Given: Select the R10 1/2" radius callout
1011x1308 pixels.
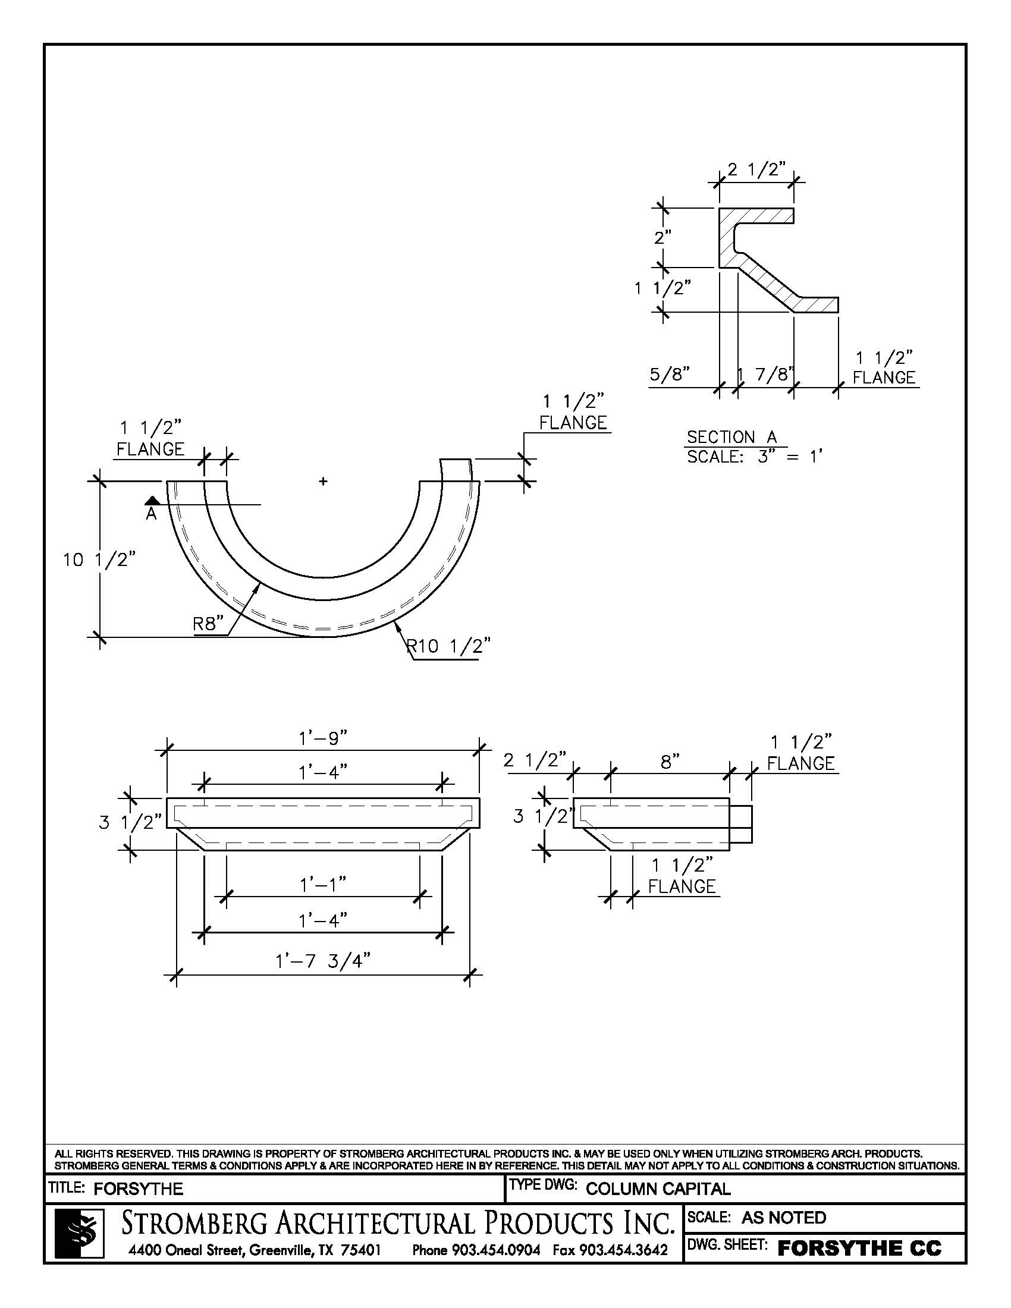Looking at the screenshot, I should click(448, 646).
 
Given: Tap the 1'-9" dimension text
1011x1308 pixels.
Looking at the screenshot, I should click(323, 738).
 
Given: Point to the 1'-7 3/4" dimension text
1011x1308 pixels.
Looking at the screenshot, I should click(323, 961).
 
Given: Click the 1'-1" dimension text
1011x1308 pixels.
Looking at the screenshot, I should click(323, 884).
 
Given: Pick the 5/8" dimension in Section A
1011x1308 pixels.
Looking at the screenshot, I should click(670, 375).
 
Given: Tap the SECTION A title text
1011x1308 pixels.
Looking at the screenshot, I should click(731, 437).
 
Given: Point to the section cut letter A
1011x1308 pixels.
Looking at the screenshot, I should click(152, 514).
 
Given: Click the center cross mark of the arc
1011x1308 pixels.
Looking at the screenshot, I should click(324, 480).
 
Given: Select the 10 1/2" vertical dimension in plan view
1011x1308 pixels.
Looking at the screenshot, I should click(99, 561).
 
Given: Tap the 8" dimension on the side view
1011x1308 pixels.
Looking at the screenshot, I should click(670, 762).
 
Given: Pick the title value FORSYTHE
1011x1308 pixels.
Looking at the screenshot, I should click(139, 1189).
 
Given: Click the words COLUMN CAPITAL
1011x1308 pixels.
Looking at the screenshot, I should click(658, 1189).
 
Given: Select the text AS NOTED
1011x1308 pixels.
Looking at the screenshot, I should click(783, 1218).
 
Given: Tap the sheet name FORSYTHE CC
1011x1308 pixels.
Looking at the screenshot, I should click(859, 1249).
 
